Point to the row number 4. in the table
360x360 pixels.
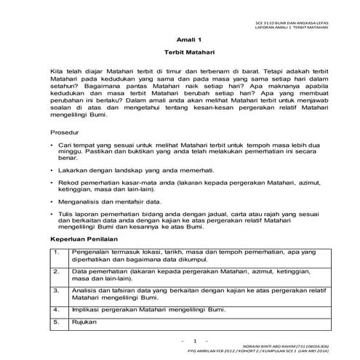[x=56, y=309]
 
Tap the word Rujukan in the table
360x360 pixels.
[x=85, y=321]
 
